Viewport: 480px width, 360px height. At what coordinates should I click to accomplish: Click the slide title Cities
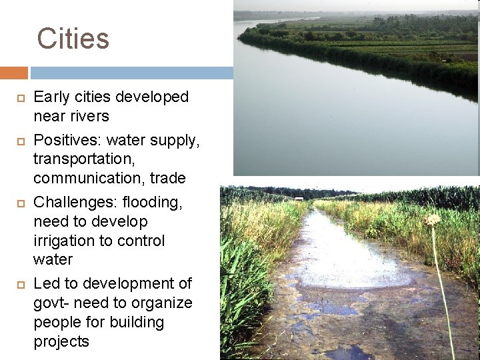coord(73,39)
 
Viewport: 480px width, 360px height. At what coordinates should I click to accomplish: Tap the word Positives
coord(66,141)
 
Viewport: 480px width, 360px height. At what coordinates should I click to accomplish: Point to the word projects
coord(61,342)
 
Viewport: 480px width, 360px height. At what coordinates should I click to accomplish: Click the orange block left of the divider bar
coord(13,73)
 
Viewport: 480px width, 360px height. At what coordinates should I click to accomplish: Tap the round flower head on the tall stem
coord(433,219)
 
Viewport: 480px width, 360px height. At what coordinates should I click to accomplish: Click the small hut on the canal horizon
coord(299,198)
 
